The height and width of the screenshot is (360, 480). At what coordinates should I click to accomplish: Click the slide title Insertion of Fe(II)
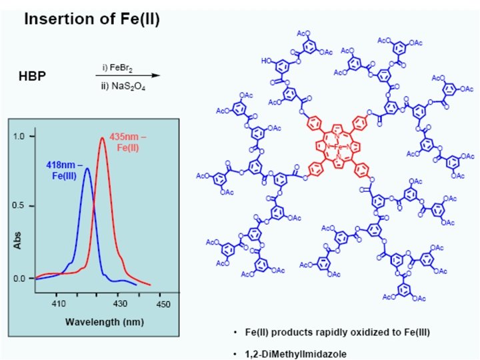pos(92,19)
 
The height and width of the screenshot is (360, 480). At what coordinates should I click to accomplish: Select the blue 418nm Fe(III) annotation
pos(64,169)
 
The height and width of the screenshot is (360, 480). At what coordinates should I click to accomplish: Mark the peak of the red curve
pos(102,139)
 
